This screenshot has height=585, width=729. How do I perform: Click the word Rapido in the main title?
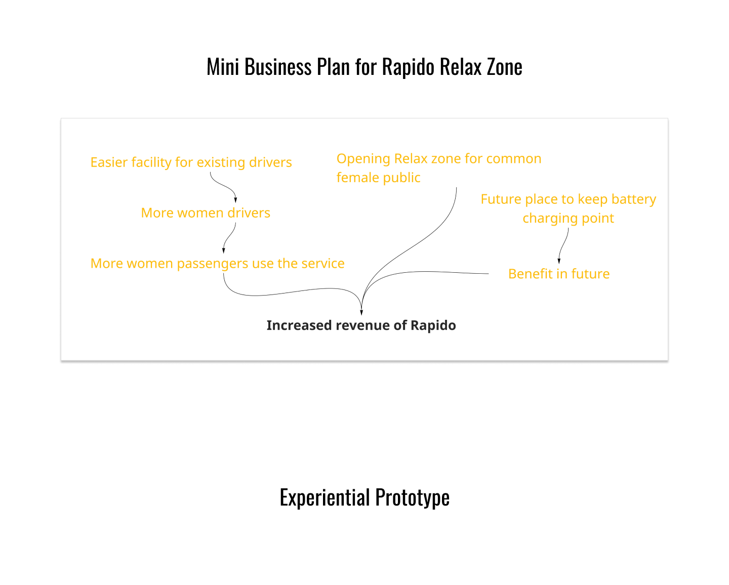[408, 67]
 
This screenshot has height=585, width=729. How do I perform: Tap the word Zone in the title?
[504, 67]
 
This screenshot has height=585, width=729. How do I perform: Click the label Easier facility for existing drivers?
[191, 162]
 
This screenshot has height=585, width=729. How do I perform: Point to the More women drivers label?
[206, 213]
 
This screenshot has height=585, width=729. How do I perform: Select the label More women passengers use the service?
[218, 264]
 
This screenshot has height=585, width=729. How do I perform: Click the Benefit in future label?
[559, 274]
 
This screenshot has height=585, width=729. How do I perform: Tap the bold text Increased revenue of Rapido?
[361, 325]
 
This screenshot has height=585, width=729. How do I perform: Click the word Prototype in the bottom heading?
[412, 497]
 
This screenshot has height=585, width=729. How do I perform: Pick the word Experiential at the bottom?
[325, 497]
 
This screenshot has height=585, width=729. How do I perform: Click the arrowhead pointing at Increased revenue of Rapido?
[361, 312]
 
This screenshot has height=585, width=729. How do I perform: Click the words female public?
[378, 178]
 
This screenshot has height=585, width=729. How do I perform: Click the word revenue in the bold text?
[362, 326]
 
